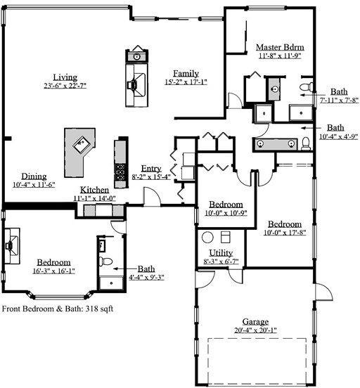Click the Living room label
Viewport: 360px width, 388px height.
coord(65,77)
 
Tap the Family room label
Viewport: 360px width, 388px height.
coord(186,73)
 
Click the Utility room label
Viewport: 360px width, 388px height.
coord(221,253)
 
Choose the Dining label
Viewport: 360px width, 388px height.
coord(34,176)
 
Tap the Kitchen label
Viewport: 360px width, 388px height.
coord(94,190)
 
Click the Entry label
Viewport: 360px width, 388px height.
coord(151,169)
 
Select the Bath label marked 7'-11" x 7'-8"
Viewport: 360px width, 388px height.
coord(338,91)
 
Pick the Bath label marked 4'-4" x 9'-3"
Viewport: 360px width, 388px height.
coord(146,269)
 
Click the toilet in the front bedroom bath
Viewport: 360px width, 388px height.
coord(106,261)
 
